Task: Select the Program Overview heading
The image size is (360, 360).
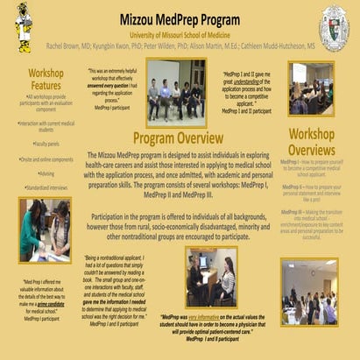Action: coord(179,138)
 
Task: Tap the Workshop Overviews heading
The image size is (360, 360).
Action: coord(312,143)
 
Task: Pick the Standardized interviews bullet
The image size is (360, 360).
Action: coord(46,187)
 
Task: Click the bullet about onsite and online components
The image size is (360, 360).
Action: coord(46,158)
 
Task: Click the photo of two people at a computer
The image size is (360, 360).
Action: coord(210,275)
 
